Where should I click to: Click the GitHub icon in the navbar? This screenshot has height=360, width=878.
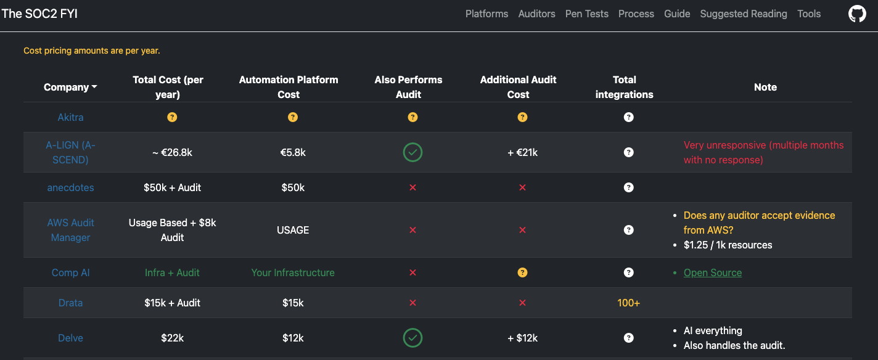click(x=857, y=14)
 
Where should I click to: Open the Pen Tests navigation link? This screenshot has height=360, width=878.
click(x=587, y=14)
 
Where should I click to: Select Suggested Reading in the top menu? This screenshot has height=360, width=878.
click(x=744, y=14)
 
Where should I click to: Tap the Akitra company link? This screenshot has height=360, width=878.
click(x=70, y=117)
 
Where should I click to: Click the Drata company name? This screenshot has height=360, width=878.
click(x=70, y=303)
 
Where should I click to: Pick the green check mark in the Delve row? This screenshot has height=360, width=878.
click(x=412, y=338)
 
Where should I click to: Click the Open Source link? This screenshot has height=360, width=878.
click(x=713, y=272)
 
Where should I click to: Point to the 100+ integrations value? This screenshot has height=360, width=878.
click(x=628, y=303)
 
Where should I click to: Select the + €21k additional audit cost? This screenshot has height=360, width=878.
click(x=522, y=152)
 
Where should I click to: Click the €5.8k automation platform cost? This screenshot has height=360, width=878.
click(x=293, y=152)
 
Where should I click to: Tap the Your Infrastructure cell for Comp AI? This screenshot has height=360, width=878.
click(x=293, y=272)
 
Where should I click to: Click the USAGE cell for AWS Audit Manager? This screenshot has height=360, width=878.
click(x=293, y=230)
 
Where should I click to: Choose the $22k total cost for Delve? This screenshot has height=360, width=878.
click(x=172, y=338)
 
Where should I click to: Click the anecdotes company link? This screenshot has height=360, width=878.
click(x=70, y=187)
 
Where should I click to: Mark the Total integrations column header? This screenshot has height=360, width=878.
click(x=624, y=87)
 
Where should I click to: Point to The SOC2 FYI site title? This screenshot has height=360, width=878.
click(x=39, y=14)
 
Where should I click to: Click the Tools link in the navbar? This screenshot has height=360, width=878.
click(x=809, y=14)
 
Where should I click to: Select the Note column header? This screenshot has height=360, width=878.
click(x=765, y=88)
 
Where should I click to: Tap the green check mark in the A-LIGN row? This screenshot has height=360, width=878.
click(x=412, y=152)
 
